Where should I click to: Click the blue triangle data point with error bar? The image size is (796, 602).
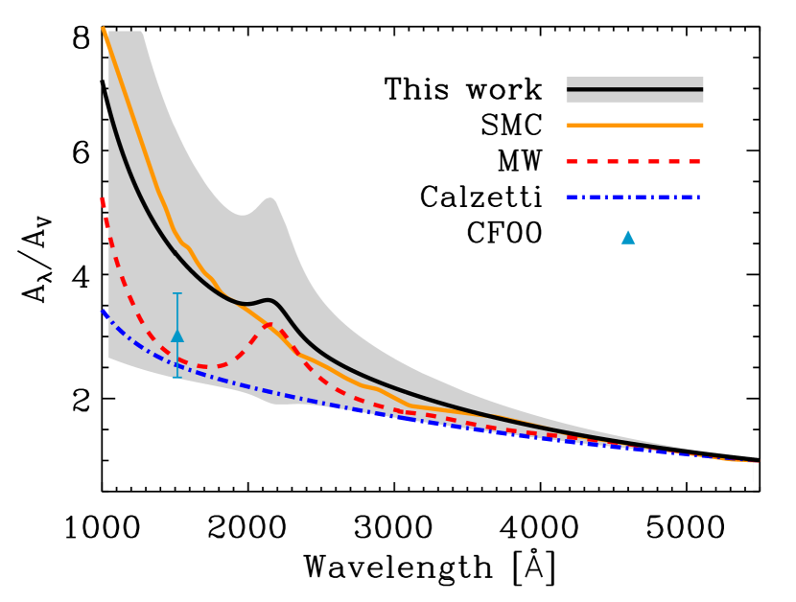(x=177, y=336)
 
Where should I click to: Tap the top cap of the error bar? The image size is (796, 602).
(x=177, y=293)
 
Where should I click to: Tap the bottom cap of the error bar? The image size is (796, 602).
(x=177, y=378)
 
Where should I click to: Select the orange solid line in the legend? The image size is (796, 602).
(x=634, y=125)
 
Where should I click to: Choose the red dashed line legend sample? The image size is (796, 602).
(x=634, y=161)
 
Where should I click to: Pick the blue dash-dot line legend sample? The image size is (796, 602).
(x=634, y=197)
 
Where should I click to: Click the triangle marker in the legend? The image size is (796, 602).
(x=628, y=237)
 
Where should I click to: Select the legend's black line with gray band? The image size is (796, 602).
(x=634, y=89)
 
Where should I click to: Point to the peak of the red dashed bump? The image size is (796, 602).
(x=269, y=325)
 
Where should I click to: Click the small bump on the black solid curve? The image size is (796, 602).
(x=269, y=300)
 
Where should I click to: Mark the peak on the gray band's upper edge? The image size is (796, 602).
(x=269, y=198)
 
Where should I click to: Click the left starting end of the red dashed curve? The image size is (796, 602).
(x=102, y=199)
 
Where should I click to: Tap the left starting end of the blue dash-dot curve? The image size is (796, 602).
(x=103, y=312)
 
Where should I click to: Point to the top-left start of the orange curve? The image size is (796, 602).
(x=103, y=29)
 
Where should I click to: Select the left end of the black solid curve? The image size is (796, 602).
(x=108, y=100)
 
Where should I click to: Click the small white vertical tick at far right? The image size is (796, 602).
(x=753, y=472)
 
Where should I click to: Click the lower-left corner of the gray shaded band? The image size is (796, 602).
(x=109, y=358)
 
